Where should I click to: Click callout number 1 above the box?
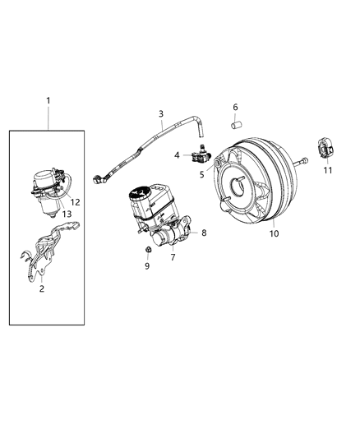click(48, 101)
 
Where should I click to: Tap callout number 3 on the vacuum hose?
click(161, 114)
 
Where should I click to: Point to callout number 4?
click(177, 154)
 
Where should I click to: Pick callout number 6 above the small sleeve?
click(234, 108)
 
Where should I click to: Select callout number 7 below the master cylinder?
click(173, 258)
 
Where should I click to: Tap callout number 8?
click(204, 233)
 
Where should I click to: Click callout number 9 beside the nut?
click(147, 266)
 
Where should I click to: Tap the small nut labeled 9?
click(146, 249)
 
